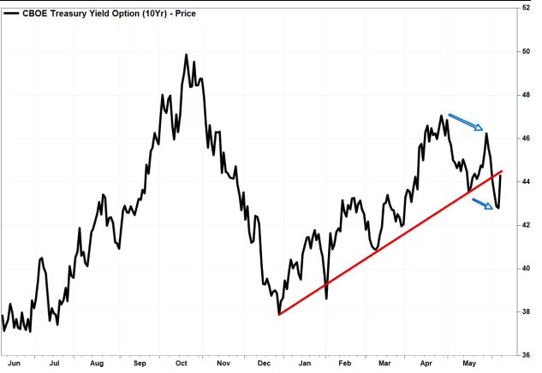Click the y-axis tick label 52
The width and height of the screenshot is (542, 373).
[526, 8]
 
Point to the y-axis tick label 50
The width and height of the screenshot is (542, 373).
[526, 51]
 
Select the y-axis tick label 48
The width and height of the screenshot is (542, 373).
[526, 95]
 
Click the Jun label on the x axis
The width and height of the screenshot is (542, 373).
[13, 364]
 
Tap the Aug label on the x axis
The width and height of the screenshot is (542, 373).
[96, 364]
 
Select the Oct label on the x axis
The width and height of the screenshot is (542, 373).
[181, 364]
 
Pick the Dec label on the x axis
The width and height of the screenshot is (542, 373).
[265, 364]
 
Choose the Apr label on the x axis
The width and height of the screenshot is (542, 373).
[426, 364]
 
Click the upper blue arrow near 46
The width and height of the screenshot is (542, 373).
[467, 121]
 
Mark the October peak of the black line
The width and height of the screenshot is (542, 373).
[186, 55]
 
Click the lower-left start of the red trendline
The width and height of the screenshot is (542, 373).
[280, 315]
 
